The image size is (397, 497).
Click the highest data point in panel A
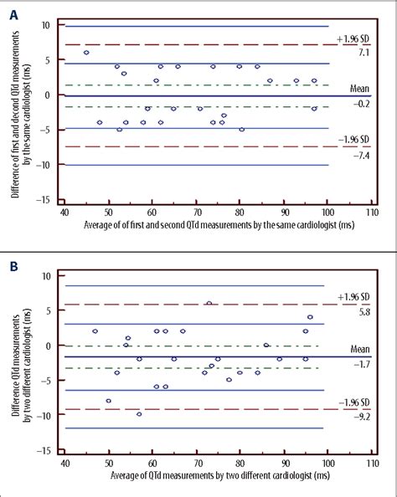pyautogui.click(x=86, y=53)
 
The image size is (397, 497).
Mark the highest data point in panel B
pyautogui.click(x=209, y=304)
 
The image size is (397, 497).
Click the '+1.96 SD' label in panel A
pyautogui.click(x=351, y=38)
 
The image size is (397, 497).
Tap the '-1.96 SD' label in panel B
pyautogui.click(x=351, y=402)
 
